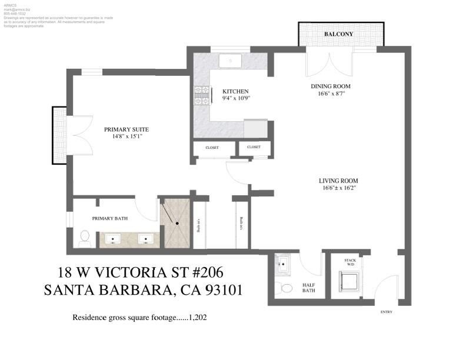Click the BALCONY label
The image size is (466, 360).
[x=339, y=34]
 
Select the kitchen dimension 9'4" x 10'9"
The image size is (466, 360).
[x=236, y=99]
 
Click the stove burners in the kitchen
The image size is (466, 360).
[x=201, y=95]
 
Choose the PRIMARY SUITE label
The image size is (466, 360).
[x=126, y=129]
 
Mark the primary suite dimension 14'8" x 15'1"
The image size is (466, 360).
[x=126, y=136]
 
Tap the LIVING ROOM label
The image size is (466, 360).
[x=338, y=181]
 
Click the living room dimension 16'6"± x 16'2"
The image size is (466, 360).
[x=338, y=188]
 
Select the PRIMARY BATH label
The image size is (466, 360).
[x=110, y=218]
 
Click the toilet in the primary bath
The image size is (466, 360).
[x=84, y=236]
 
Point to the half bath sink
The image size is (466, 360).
[x=283, y=265]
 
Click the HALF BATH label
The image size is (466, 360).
[x=309, y=287]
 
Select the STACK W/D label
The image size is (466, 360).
[x=350, y=262]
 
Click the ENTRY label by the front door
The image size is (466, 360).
[x=386, y=312]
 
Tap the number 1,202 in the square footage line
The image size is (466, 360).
[x=198, y=318]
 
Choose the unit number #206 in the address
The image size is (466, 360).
[x=202, y=272]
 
